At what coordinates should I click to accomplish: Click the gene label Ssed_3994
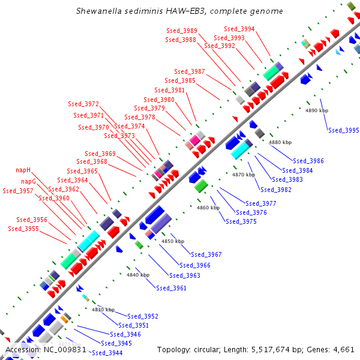(239, 29)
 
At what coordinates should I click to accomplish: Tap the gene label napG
(29, 181)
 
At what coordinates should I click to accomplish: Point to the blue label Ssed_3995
(343, 130)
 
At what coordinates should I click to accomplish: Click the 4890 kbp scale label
(317, 111)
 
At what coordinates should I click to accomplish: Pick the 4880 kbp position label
(280, 142)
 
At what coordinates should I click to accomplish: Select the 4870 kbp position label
(244, 175)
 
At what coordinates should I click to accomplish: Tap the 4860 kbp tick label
(208, 208)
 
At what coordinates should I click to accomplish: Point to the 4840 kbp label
(137, 275)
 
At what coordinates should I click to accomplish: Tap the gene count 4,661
(343, 349)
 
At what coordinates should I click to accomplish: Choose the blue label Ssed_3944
(107, 353)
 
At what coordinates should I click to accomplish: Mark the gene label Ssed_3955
(23, 229)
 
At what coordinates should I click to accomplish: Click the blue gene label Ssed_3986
(308, 161)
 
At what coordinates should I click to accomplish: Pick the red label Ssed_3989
(181, 31)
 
